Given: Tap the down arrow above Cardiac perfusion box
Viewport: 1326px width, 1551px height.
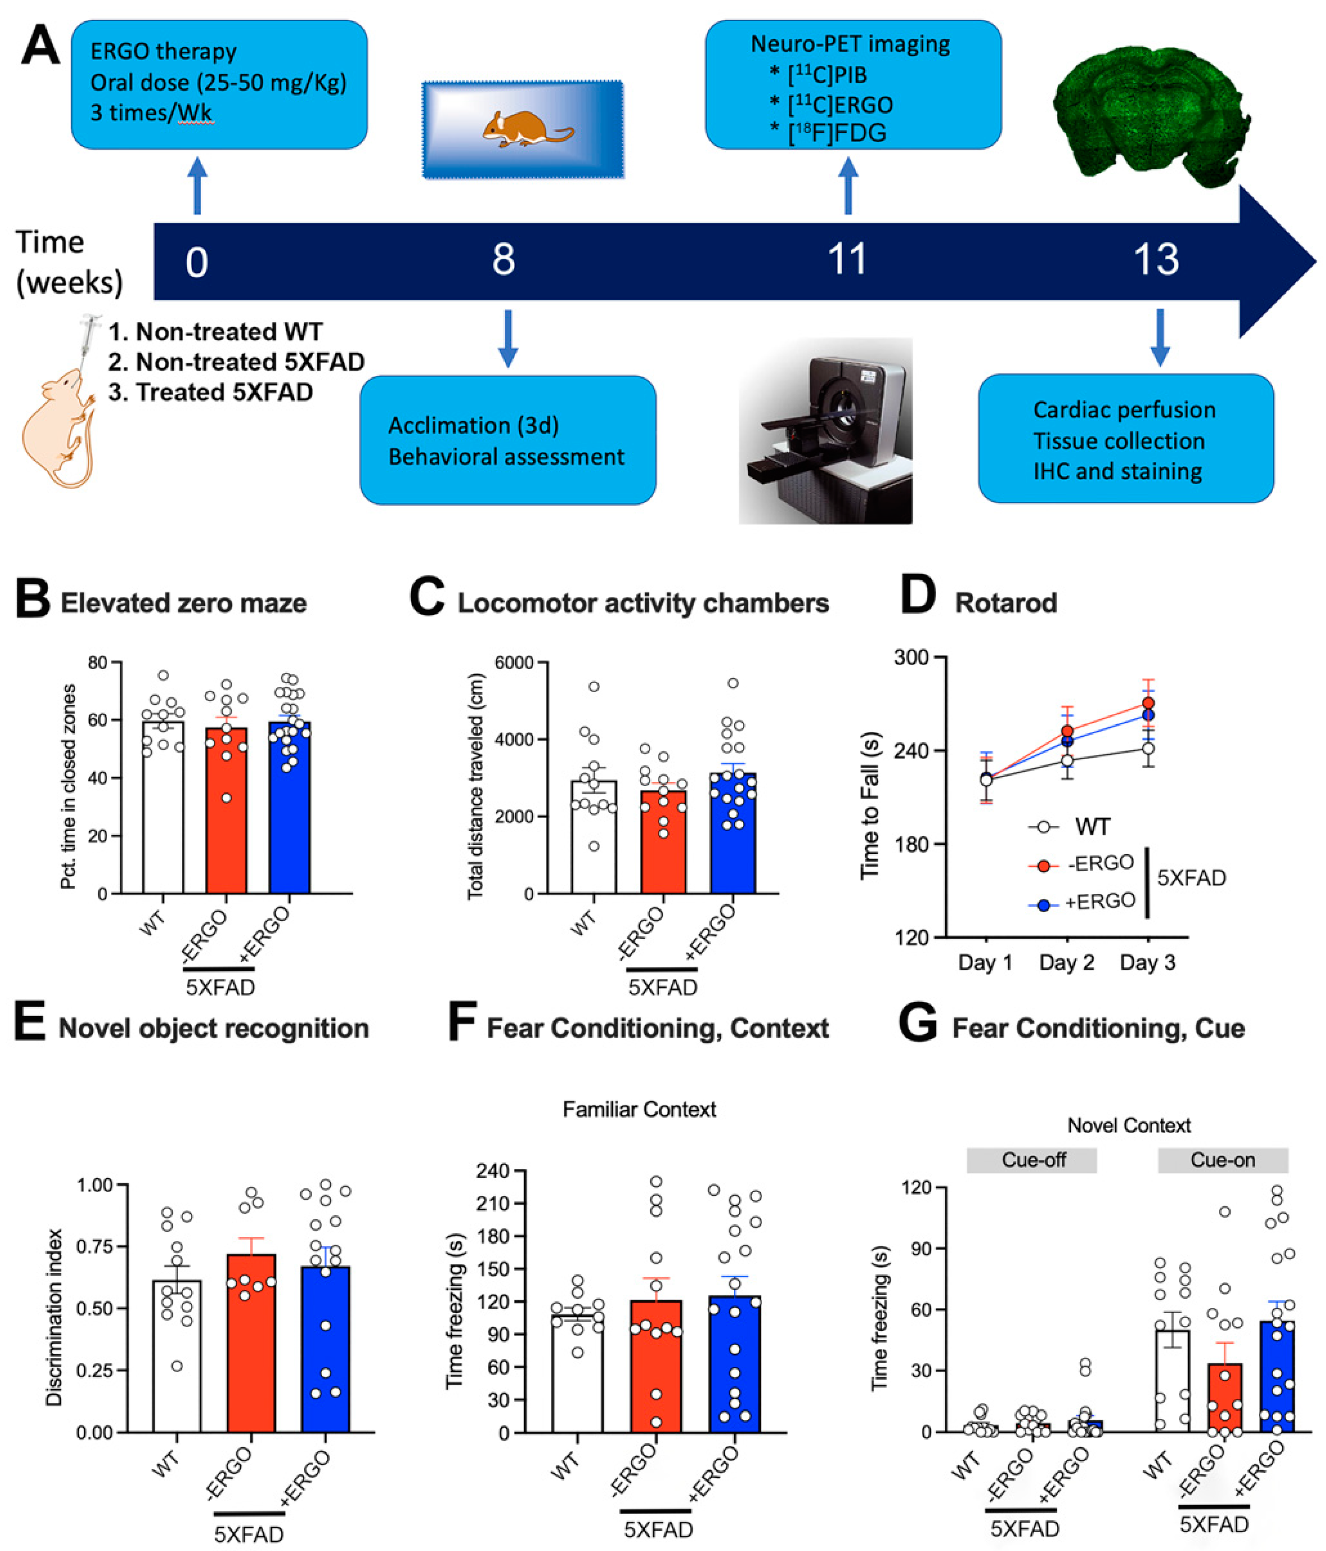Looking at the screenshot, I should pos(1160,337).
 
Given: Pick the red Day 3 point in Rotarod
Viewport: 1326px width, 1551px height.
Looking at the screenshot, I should pos(1147,703).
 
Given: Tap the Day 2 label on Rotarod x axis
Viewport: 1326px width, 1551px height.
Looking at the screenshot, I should pos(1066,963).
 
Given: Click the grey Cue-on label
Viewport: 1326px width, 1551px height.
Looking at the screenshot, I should pos(1222,1160).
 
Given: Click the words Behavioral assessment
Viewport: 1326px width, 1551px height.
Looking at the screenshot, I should pos(506,457).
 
